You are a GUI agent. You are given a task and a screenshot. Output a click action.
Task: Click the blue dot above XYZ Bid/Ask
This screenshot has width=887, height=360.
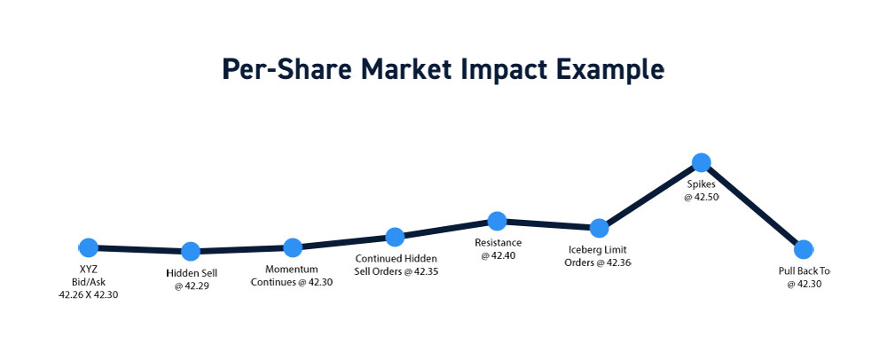coord(88,247)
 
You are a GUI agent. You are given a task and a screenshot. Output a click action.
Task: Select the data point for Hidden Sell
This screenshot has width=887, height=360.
coord(191,252)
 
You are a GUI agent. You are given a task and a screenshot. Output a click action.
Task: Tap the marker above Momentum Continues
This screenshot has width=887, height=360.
coord(293,247)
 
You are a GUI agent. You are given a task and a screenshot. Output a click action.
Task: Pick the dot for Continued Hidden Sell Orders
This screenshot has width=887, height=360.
coord(395,237)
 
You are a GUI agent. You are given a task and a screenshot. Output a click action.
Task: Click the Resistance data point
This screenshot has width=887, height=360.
coord(497,221)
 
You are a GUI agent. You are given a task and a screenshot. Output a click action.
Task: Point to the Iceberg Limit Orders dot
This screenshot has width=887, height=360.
coord(599,228)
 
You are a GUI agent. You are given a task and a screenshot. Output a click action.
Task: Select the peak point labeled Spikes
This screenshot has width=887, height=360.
coord(702,163)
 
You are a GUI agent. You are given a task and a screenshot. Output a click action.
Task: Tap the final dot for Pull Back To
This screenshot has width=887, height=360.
coord(804,249)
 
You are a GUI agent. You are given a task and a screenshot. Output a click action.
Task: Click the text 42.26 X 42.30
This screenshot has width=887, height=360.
coord(88,294)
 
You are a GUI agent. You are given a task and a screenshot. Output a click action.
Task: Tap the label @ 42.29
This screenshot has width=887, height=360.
coord(192,286)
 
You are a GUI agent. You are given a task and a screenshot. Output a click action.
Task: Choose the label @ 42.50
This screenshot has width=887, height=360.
coord(702,197)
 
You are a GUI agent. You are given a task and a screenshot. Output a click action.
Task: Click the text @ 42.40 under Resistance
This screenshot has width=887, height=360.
coord(498,255)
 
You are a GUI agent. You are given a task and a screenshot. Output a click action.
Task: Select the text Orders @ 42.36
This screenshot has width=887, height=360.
coord(597,262)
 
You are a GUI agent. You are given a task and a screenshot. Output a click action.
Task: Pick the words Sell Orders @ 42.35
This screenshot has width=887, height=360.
coord(396,271)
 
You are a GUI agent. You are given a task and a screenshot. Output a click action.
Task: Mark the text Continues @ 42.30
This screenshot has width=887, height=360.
coord(291,282)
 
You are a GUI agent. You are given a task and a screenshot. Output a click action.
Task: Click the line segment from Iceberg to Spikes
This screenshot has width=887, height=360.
coord(650,196)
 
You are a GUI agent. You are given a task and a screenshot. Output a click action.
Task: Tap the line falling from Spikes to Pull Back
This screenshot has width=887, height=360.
coord(752,207)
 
